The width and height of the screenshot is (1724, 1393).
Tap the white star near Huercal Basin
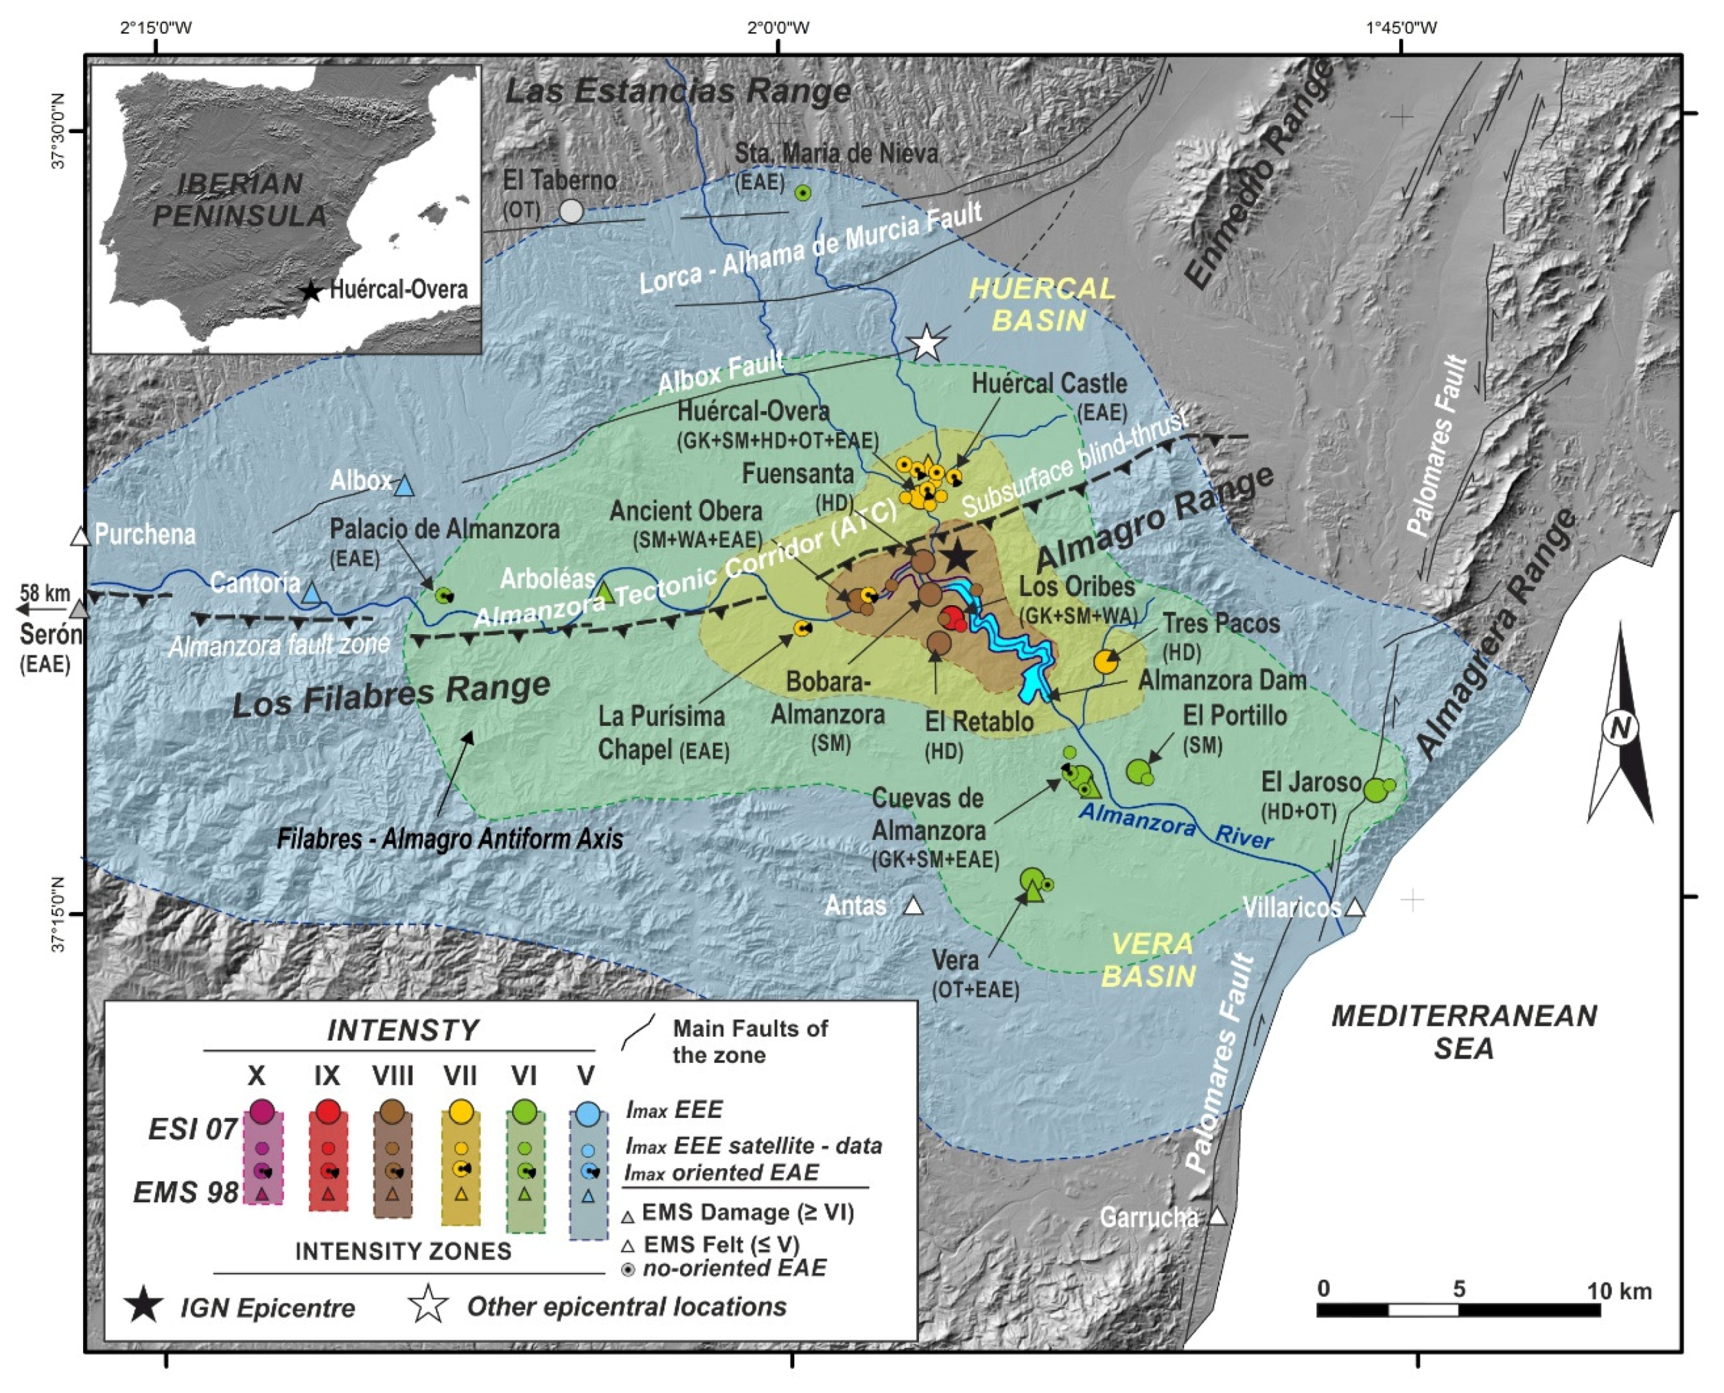[927, 343]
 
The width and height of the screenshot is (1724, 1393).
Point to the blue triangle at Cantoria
[312, 593]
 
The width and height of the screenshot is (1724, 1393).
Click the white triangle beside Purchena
[80, 536]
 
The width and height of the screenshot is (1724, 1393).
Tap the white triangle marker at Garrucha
[1218, 1217]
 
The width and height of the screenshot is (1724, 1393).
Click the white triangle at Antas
[913, 906]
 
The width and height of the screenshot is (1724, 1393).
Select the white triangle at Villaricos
[1355, 908]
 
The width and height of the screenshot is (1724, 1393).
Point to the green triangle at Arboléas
[606, 593]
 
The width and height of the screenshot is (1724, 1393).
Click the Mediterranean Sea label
[1464, 1032]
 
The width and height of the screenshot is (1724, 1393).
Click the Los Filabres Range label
[392, 696]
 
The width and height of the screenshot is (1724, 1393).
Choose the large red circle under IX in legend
[327, 1112]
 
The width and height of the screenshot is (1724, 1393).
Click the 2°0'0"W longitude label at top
[778, 28]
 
